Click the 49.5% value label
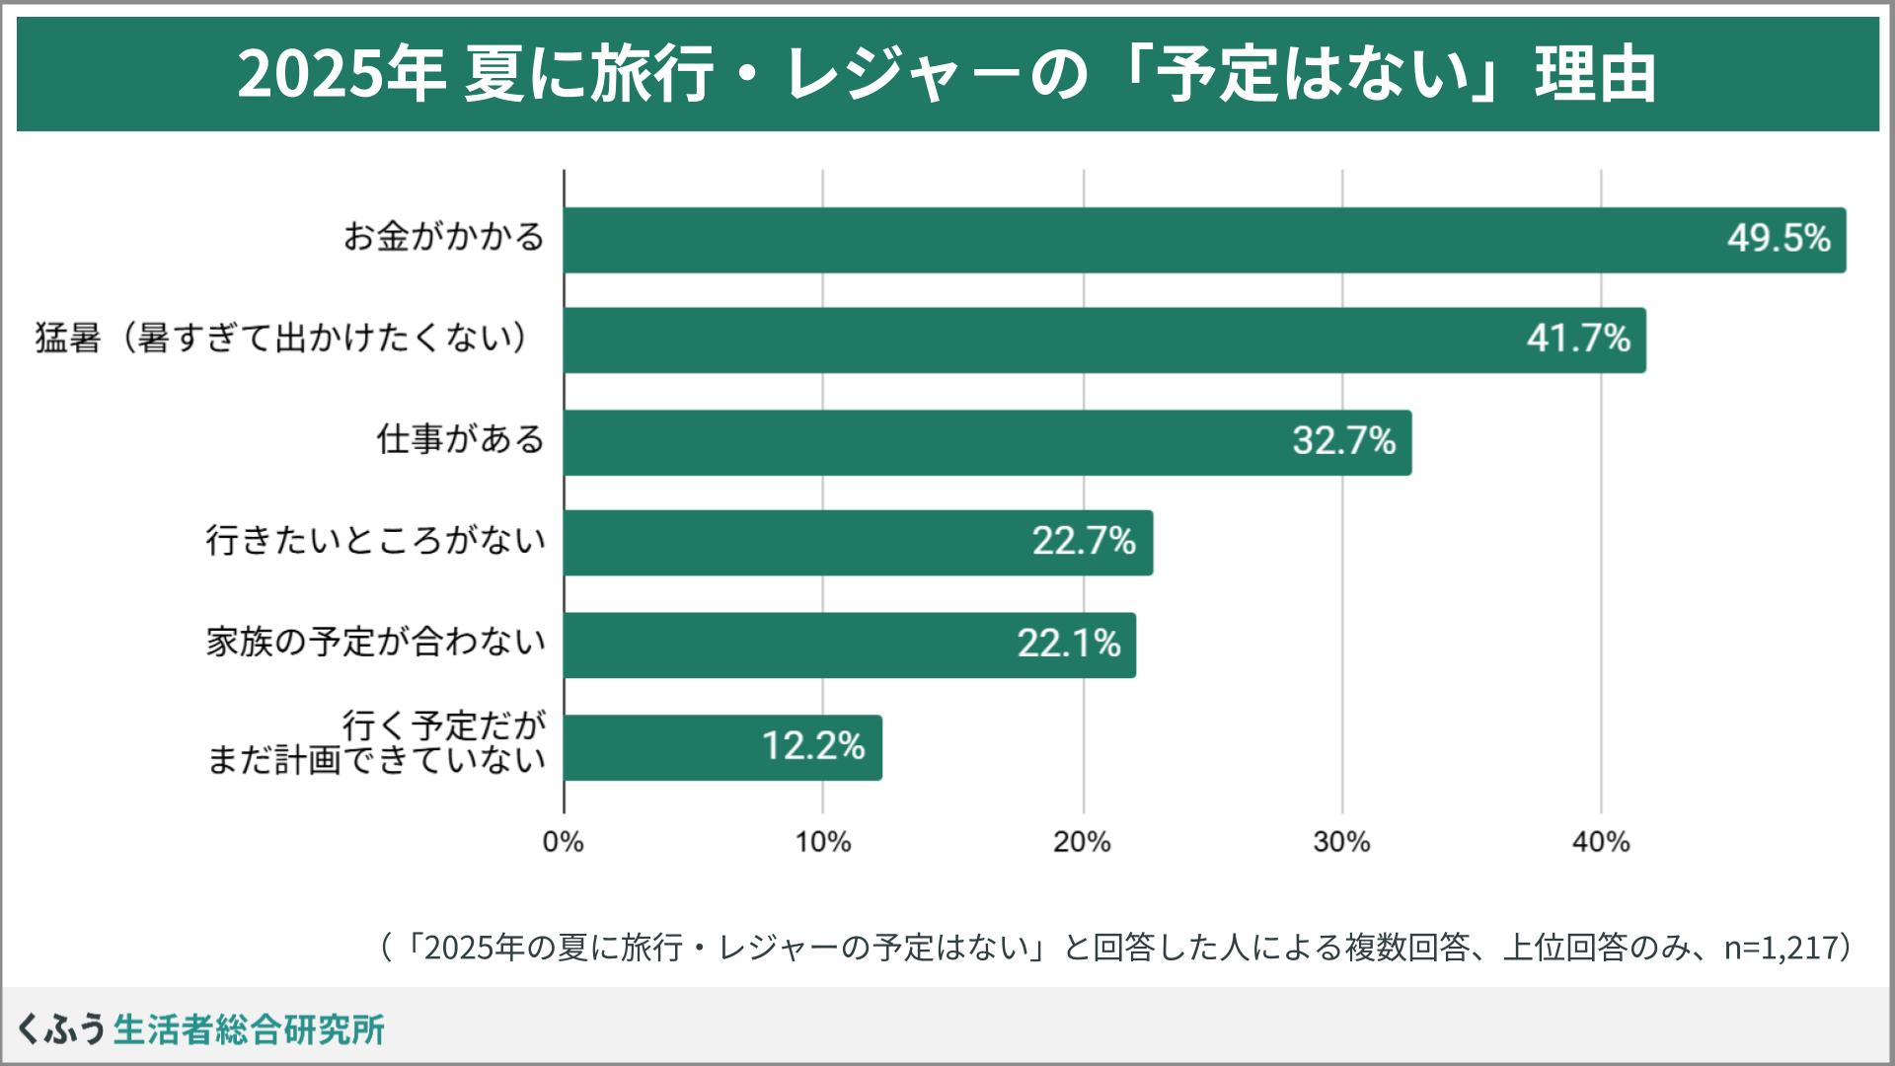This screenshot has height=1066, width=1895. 1779,239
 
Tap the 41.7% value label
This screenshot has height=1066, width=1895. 1578,340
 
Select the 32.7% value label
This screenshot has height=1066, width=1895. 1344,441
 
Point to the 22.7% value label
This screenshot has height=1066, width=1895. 1084,542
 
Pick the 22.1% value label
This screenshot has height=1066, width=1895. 1069,645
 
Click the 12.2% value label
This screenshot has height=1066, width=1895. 813,746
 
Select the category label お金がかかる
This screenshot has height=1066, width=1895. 444,238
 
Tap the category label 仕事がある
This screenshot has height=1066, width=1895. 461,439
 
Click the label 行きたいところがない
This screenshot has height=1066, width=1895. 376,541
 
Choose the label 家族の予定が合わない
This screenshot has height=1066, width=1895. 376,643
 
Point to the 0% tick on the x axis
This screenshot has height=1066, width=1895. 564,842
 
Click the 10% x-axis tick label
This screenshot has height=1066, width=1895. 823,842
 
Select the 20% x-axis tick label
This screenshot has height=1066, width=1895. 1083,842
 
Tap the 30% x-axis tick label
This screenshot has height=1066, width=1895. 1342,842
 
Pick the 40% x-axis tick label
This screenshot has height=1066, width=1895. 1601,842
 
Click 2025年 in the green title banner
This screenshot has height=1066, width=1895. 341,75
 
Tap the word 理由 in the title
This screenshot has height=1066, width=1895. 1595,75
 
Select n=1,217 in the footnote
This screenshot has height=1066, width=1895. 1780,949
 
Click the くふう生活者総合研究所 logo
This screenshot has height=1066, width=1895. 201,1028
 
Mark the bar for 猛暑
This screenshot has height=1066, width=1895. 1104,341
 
